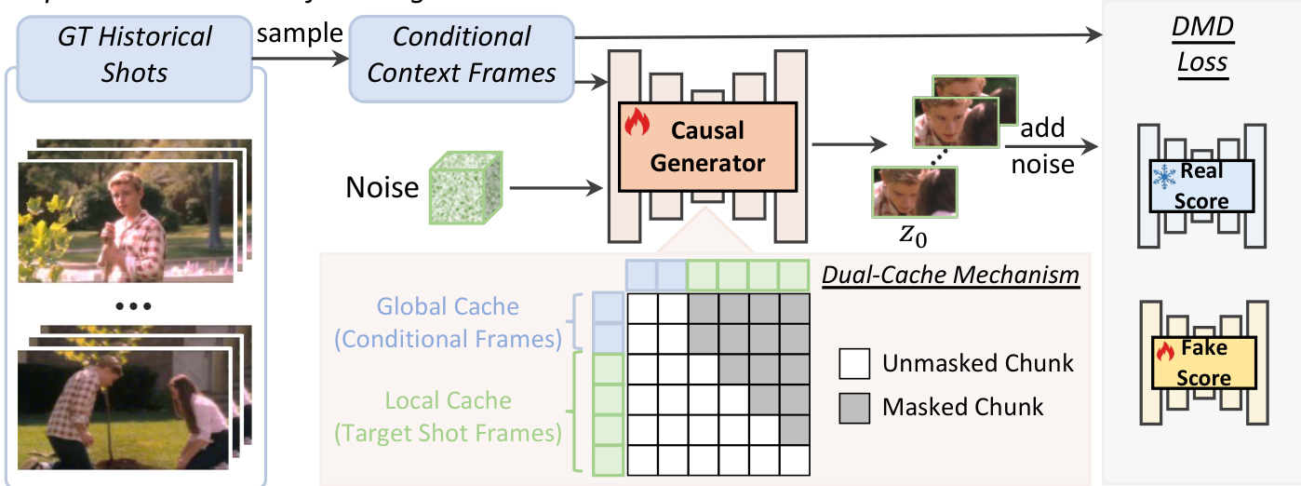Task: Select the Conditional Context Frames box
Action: click(462, 55)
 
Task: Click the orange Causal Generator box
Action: click(706, 146)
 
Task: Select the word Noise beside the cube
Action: click(382, 188)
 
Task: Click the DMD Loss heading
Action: click(1201, 46)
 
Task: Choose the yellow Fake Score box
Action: click(1203, 362)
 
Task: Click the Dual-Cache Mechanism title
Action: click(950, 276)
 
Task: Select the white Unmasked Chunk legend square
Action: click(853, 363)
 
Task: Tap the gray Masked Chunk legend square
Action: click(853, 407)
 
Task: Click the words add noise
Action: click(1041, 146)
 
